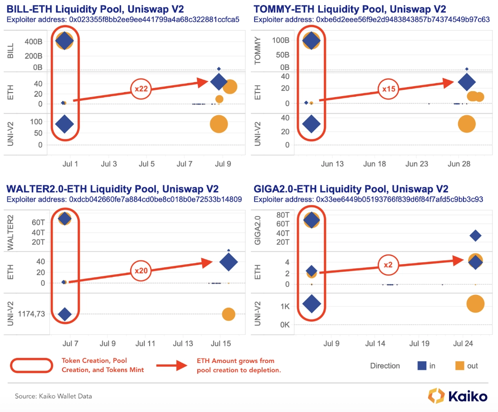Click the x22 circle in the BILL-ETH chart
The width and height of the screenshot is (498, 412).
click(142, 89)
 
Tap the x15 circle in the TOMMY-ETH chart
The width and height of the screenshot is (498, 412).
click(390, 89)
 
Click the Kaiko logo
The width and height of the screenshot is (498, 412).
click(458, 396)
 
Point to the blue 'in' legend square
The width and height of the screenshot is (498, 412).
click(422, 366)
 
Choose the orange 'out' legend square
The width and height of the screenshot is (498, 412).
click(460, 366)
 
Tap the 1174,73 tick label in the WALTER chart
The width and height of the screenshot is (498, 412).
click(31, 314)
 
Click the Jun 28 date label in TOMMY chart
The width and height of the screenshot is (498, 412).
click(458, 163)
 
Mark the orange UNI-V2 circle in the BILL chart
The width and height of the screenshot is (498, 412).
click(219, 124)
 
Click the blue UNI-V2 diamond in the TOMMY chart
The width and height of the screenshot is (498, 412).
click(311, 123)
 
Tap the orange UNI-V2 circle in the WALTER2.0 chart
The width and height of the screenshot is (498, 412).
click(228, 314)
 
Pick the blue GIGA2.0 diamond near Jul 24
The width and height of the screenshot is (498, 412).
click(475, 235)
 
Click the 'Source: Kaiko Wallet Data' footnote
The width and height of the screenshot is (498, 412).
click(54, 396)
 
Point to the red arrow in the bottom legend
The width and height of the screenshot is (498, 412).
click(172, 365)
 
